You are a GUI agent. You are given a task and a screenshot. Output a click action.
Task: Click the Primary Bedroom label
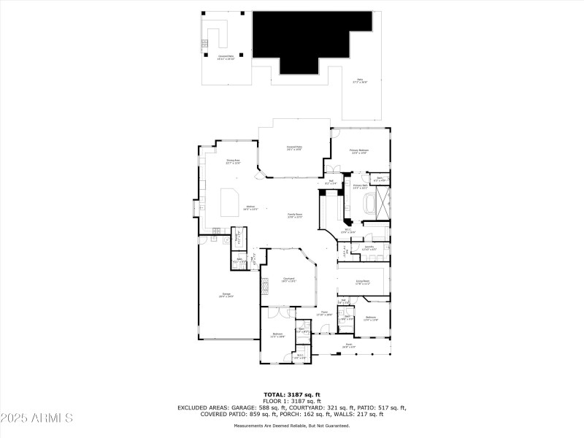pos(360,151)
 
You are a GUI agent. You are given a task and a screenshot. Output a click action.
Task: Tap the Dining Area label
pos(233,161)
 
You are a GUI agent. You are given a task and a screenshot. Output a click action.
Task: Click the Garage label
pos(226,295)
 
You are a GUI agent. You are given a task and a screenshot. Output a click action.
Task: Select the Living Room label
pos(362,281)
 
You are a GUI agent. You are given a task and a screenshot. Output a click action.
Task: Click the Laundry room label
pos(369,248)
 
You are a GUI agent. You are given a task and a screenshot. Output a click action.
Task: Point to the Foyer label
pos(323,314)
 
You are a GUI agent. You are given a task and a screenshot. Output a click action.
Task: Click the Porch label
pos(349,345)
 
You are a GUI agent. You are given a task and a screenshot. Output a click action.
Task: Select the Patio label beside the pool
pos(360,81)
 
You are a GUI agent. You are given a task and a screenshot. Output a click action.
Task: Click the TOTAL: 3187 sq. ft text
pos(292,395)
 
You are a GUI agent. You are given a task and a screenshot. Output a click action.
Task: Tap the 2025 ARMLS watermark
pos(36,418)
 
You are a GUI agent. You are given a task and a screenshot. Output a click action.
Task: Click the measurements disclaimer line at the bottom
pos(292,425)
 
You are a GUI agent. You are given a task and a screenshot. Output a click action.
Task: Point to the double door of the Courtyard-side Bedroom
pos(276,314)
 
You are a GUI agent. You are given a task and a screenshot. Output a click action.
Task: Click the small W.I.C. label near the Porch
pos(299,356)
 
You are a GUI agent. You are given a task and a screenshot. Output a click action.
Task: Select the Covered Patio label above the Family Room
pos(293,148)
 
